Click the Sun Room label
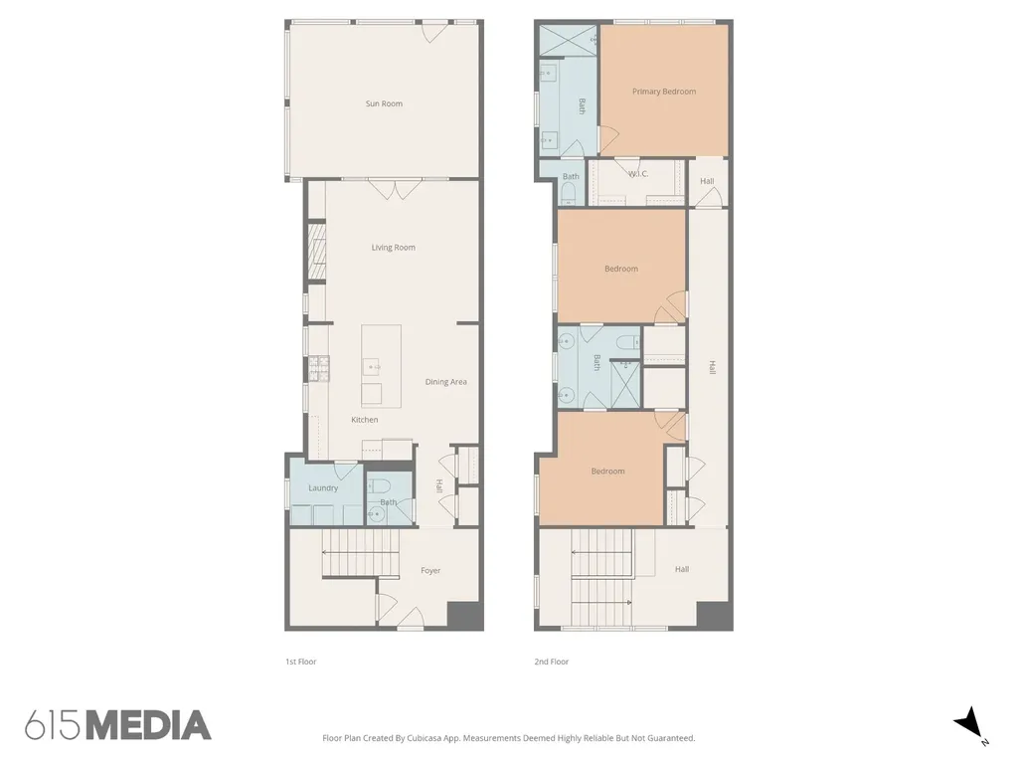(384, 103)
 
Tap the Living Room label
(393, 247)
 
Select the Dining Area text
(445, 381)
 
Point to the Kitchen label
(364, 420)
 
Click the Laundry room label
(323, 487)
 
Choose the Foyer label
(430, 570)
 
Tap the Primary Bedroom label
(663, 91)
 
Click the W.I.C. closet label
(638, 173)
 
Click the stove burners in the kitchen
(319, 368)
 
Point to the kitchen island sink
(371, 367)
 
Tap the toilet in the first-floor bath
(379, 485)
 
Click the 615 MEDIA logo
(117, 725)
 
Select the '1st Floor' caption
(300, 662)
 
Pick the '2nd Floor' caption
(551, 662)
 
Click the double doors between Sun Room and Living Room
(393, 189)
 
